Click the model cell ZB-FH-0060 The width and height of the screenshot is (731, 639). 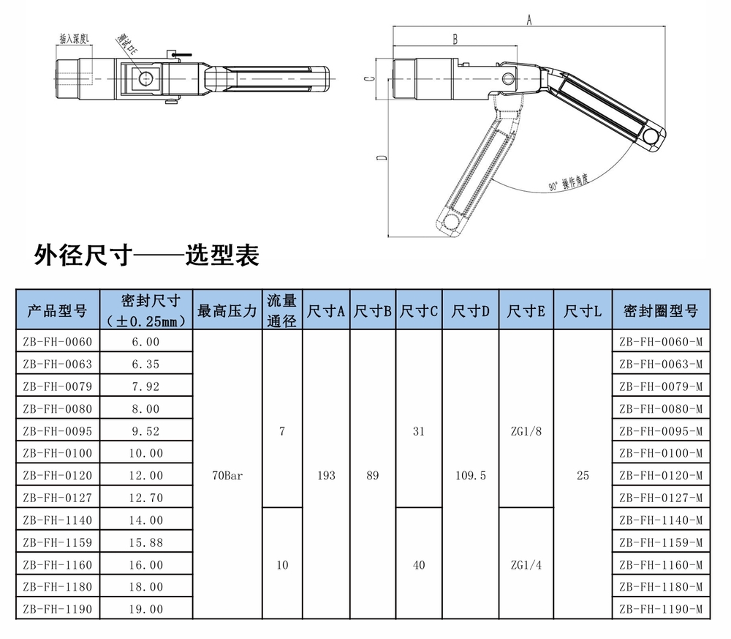click(58, 342)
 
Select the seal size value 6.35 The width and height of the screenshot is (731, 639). click(144, 364)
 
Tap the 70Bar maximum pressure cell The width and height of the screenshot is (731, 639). click(227, 476)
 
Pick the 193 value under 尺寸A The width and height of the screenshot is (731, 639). click(327, 476)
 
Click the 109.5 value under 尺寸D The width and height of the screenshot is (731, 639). click(471, 476)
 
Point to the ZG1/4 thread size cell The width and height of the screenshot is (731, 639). click(526, 564)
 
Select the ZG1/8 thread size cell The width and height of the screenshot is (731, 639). click(526, 431)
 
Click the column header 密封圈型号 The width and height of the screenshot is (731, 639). click(660, 311)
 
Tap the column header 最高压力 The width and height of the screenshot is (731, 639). click(227, 311)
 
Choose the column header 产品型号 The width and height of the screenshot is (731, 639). click(58, 311)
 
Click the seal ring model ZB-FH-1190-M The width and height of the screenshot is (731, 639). click(660, 609)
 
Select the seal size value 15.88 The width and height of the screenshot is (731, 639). click(144, 542)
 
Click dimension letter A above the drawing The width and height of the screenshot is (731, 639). click(529, 20)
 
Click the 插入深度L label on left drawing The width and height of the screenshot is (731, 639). click(74, 38)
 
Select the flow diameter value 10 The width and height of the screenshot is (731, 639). click(282, 564)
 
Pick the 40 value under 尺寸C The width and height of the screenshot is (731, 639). click(419, 564)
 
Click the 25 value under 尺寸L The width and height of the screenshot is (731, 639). click(583, 476)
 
